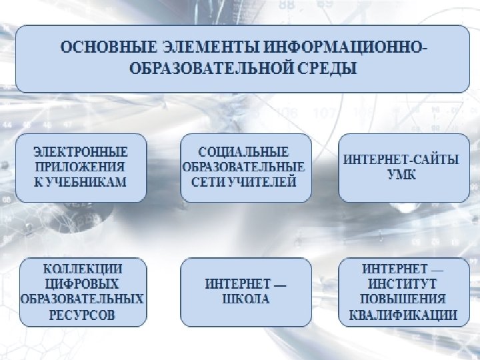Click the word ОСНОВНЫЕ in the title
tap(107, 48)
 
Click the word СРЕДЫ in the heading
tap(327, 68)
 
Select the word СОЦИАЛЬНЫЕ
tap(244, 152)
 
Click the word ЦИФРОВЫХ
tap(82, 283)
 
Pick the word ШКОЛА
tap(245, 299)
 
